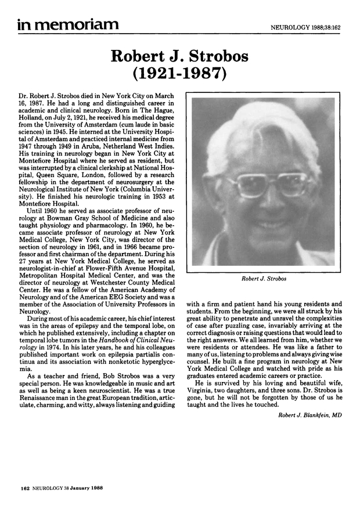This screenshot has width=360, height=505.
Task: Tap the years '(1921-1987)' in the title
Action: tap(180, 74)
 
